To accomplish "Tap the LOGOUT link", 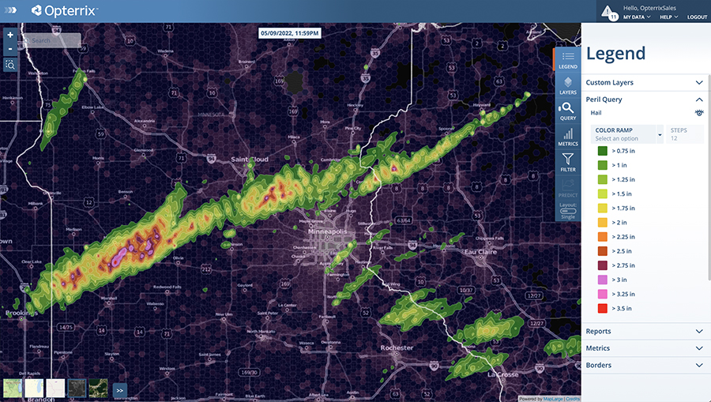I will click(x=697, y=17).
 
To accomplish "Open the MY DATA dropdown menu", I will click(x=637, y=17).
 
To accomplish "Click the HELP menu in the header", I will click(x=669, y=17).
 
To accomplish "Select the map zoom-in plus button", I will click(x=9, y=35).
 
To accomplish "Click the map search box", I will click(x=52, y=40).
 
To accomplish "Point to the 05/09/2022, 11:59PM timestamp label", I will click(x=291, y=33).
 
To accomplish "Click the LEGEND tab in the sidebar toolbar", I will click(x=567, y=60).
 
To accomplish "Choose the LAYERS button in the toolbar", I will click(x=567, y=85).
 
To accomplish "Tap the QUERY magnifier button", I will click(x=567, y=111).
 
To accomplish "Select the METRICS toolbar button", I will click(x=567, y=137).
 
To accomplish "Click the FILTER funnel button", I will click(x=567, y=163).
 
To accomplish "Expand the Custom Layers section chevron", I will click(x=699, y=82).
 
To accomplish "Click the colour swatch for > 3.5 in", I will click(x=602, y=308).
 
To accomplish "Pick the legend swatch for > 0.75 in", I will click(x=602, y=150).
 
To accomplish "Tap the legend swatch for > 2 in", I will click(x=602, y=222).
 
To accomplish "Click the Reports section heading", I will click(x=598, y=331).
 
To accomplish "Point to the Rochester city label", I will click(x=396, y=348).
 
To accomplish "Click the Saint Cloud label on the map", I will click(x=250, y=160).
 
